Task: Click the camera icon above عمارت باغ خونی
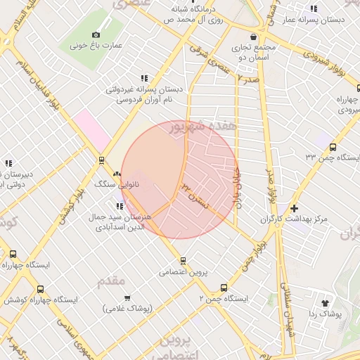96,34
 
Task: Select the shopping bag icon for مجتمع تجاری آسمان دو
252,37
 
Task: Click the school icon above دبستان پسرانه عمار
314,8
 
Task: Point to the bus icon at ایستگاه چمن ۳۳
333,147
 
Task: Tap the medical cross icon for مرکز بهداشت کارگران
294,208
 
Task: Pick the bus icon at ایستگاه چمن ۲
224,287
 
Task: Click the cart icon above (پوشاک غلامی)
134,297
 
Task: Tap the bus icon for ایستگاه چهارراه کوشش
39,288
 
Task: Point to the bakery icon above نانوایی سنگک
117,172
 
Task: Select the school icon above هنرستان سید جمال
120,206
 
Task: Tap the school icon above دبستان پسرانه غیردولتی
144,78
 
